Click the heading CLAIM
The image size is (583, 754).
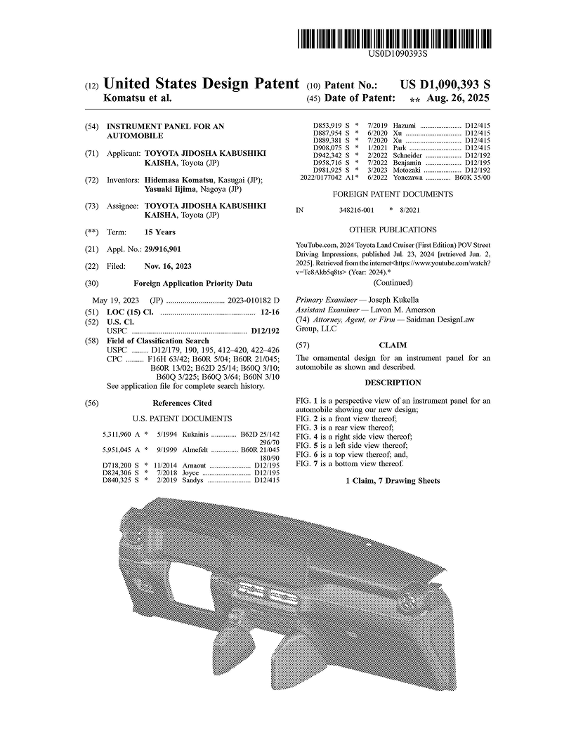393,345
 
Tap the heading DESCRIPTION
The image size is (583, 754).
393,383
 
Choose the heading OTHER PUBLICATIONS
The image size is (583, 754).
393,230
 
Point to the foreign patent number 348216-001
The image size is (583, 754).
355,210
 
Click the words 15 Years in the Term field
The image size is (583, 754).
160,232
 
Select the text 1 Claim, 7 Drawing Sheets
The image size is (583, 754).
393,481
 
